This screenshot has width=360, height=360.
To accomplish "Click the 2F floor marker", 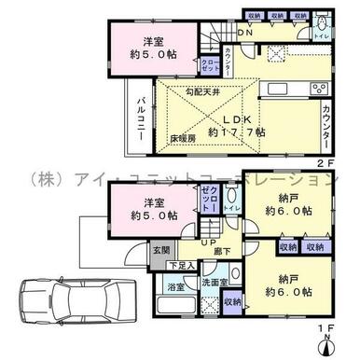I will pyautogui.click(x=327, y=159).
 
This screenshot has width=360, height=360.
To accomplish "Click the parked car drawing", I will pyautogui.click(x=84, y=302).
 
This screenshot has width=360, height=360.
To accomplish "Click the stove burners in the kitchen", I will pyautogui.click(x=320, y=90).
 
